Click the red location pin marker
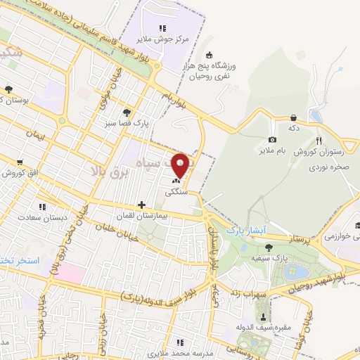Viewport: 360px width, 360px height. coord(181,165)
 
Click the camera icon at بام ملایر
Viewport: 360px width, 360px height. coord(273,140)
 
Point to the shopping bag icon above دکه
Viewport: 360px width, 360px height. coord(293,117)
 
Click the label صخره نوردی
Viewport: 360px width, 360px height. coord(328,168)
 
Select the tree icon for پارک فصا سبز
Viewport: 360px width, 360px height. coord(126,112)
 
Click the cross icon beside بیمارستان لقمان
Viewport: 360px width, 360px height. coord(143,205)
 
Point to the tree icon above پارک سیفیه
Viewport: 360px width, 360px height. coord(269,247)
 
